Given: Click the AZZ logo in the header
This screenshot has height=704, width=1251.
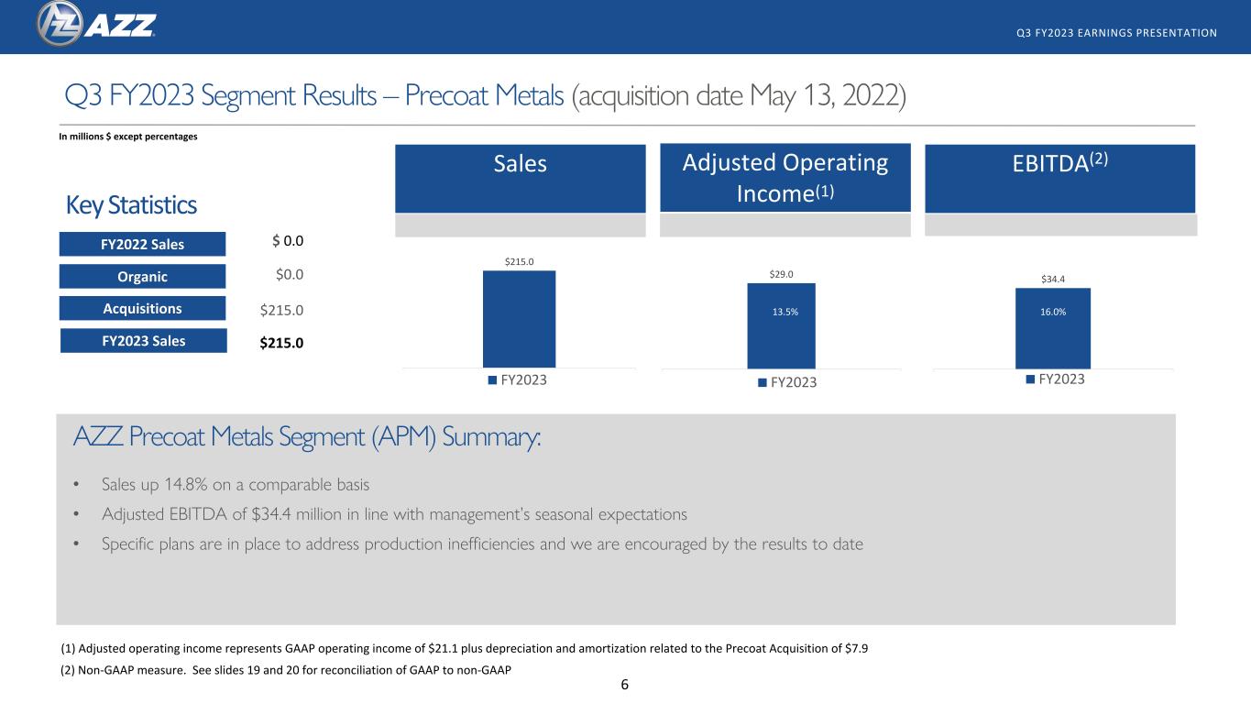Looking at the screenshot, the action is [x=96, y=25].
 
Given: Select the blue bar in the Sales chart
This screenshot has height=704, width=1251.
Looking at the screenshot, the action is [x=519, y=319].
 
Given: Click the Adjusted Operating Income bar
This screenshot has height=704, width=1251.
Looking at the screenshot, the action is [x=782, y=325].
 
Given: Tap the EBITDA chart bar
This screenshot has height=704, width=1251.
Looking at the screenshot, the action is [x=1053, y=328].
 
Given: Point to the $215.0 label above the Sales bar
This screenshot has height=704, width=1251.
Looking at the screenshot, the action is [x=519, y=261].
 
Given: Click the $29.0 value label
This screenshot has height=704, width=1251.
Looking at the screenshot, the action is [x=781, y=274].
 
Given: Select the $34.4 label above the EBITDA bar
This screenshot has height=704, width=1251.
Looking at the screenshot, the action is [x=1053, y=279].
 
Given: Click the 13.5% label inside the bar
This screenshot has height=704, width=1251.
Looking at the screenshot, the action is [x=785, y=312].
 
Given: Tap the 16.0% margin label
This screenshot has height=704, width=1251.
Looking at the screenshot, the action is [x=1053, y=312].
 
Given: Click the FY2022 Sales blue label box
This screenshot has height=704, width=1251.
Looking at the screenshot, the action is [x=142, y=244].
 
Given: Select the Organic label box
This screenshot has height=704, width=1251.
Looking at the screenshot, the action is [x=142, y=277].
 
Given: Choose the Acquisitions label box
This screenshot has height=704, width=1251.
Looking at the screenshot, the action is [x=142, y=308].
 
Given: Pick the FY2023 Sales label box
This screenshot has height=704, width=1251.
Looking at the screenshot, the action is [x=144, y=341].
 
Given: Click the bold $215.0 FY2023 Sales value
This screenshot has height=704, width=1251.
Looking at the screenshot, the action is [x=281, y=343].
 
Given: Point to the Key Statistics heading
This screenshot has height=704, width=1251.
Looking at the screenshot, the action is [x=131, y=205].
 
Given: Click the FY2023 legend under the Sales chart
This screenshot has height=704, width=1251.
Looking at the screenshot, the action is [x=517, y=379].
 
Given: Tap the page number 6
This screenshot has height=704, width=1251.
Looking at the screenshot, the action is [x=624, y=685].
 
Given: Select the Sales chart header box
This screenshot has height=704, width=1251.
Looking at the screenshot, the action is [x=520, y=178].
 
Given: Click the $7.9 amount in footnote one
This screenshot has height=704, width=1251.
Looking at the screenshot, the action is [x=856, y=648].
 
